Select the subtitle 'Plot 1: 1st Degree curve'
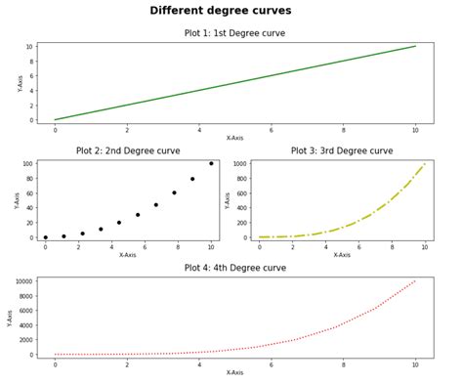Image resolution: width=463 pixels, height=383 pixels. point(234,33)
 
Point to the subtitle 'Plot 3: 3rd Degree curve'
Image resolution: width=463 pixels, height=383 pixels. point(342,151)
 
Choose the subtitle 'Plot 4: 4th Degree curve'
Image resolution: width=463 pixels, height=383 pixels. point(234,268)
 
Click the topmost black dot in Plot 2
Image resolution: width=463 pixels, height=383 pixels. point(211,163)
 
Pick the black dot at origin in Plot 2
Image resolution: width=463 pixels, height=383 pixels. point(45,237)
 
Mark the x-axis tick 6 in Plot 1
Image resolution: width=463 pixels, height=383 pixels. point(272,130)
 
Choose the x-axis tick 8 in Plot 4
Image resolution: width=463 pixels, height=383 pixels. point(344,364)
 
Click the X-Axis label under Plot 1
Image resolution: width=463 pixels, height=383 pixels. point(235,138)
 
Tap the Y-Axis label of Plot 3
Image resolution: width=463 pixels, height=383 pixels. point(227,199)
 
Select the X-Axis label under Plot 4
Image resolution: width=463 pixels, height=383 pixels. point(235,372)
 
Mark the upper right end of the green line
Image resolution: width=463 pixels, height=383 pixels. point(415,46)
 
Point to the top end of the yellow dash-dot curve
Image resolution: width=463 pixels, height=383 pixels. point(425,164)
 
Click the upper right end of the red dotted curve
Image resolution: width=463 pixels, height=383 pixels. point(415,281)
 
